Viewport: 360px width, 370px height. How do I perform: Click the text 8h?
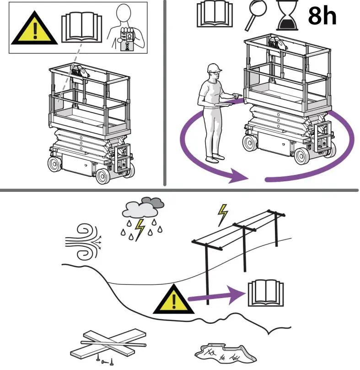[322, 16]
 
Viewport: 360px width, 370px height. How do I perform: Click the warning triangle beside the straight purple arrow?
[173, 299]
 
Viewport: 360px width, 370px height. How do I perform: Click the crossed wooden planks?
[107, 344]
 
